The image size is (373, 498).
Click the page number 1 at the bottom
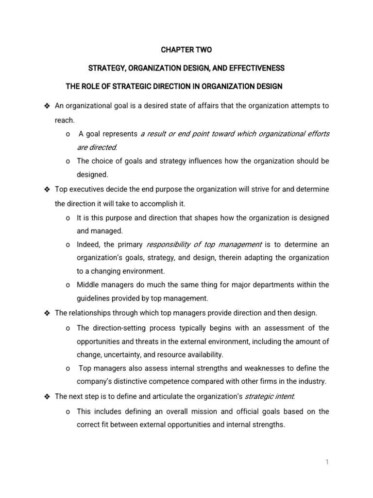coord(327,462)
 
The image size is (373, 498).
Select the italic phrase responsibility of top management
coord(204,244)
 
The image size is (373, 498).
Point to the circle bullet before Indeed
coord(67,244)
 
